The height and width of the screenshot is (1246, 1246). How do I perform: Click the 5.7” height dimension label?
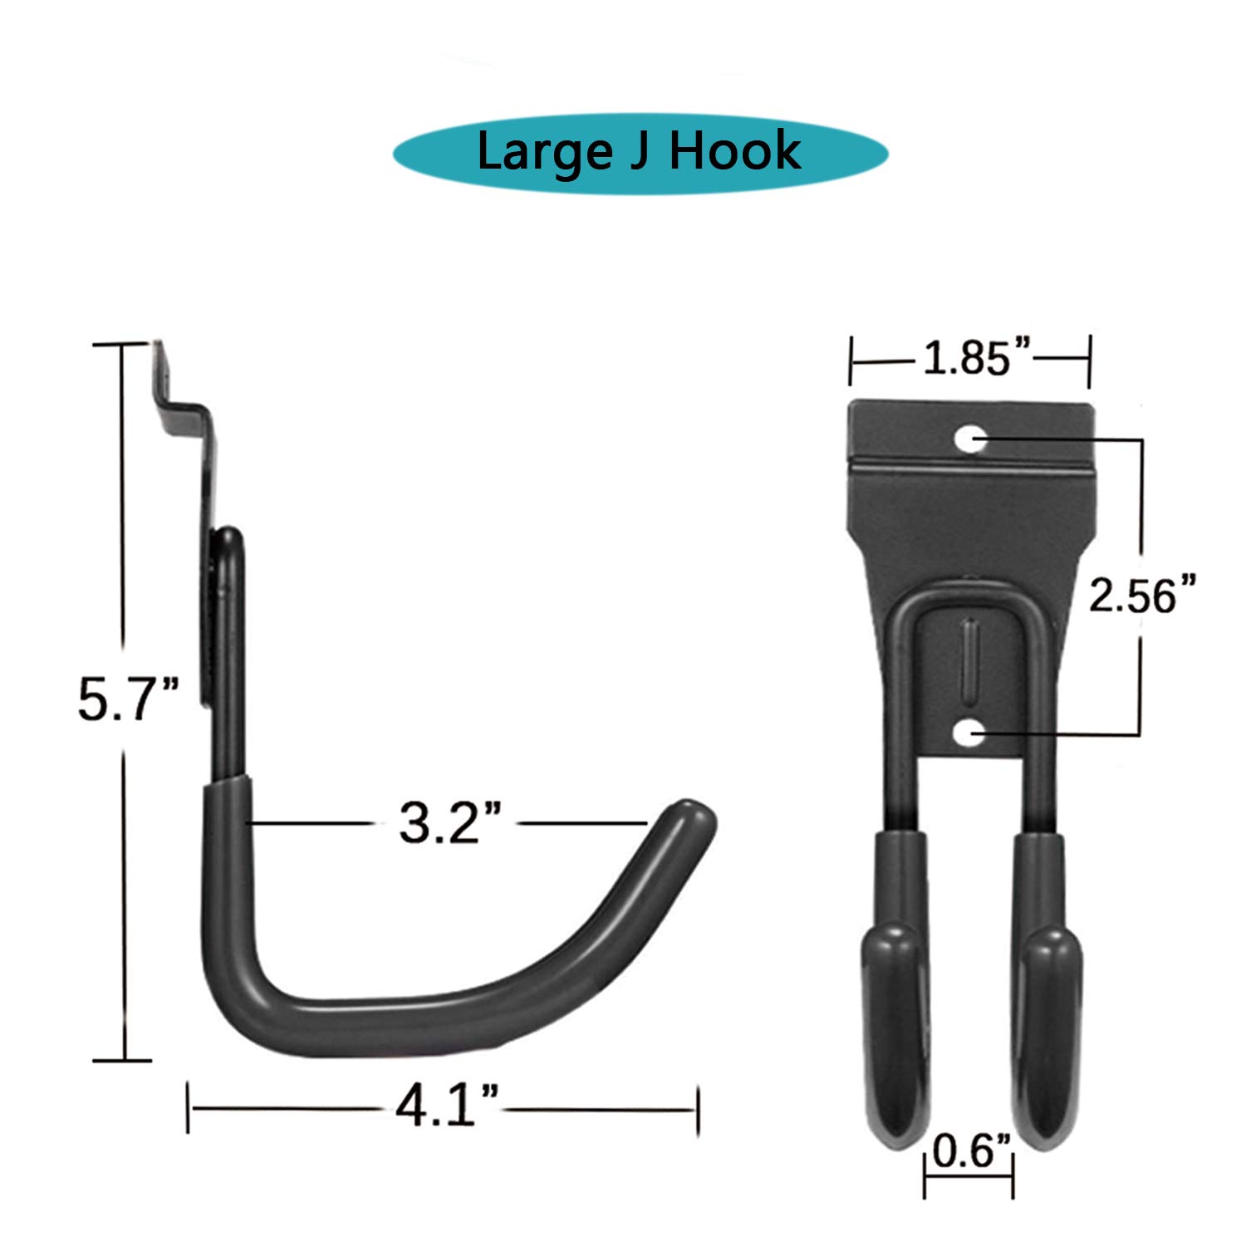(127, 699)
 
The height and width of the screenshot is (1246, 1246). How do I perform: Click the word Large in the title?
(542, 153)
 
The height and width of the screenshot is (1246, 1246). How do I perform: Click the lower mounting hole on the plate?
(969, 733)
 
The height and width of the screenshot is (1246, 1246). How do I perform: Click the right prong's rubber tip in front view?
(1048, 1038)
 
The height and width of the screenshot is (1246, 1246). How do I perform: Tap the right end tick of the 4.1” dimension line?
(697, 1108)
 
